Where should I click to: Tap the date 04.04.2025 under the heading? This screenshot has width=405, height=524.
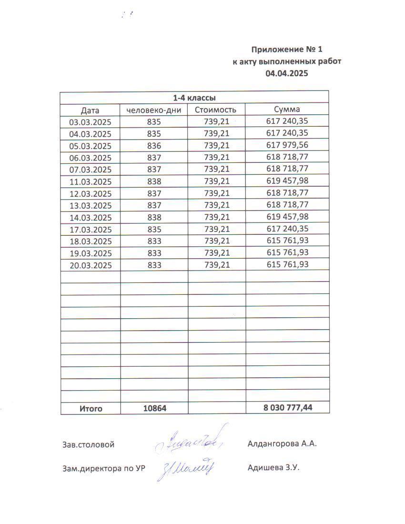(x=287, y=73)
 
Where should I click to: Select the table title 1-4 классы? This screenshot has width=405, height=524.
(x=194, y=98)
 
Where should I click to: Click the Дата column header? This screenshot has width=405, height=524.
(x=90, y=111)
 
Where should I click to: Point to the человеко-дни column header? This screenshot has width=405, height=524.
(x=154, y=111)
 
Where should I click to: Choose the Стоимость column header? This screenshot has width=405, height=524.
(x=216, y=110)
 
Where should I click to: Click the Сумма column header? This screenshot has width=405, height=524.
(x=287, y=110)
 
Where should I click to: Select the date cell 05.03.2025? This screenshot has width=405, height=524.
(x=91, y=146)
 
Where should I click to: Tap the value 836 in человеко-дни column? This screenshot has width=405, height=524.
(x=154, y=146)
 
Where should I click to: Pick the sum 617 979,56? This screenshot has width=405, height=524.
(x=287, y=145)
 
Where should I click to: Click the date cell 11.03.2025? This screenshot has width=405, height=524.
(x=91, y=181)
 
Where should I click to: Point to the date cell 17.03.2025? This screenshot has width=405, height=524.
(x=91, y=230)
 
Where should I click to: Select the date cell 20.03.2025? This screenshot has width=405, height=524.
(x=91, y=265)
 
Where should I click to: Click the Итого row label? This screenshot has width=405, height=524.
(x=91, y=408)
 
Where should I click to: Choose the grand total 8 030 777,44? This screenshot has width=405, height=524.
(x=287, y=408)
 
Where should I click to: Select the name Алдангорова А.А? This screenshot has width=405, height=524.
(x=282, y=444)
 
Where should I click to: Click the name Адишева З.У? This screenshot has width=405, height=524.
(x=273, y=468)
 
